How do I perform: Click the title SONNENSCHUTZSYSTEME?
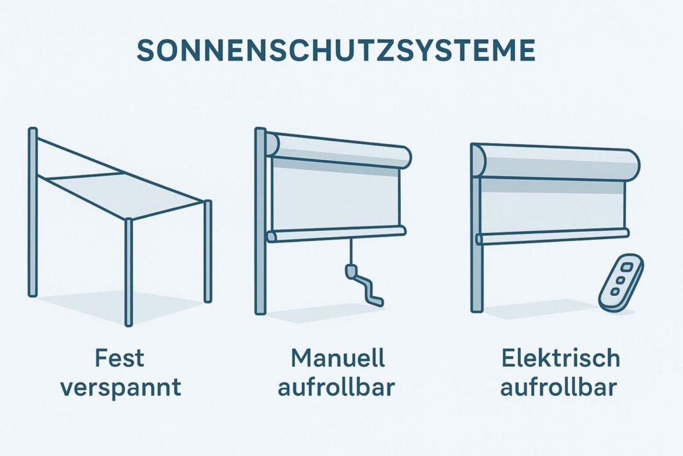pos(336,51)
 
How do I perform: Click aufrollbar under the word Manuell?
pos(335,387)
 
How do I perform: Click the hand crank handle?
pos(364,286)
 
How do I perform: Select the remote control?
pos(621,283)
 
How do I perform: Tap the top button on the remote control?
pos(628,268)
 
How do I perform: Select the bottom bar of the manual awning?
pos(336,234)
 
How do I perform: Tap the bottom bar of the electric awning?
pos(552,236)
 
